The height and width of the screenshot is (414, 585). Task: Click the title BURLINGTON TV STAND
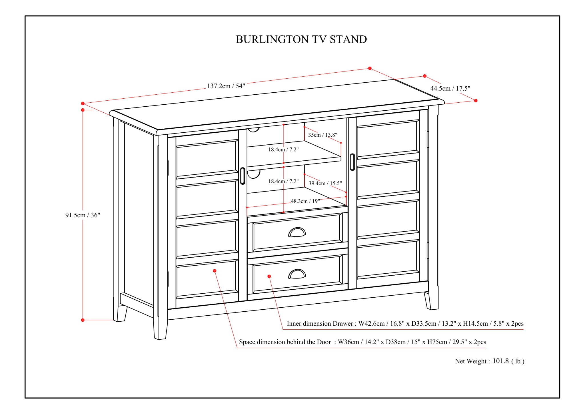[301, 39]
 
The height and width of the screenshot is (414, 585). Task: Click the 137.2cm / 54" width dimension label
[226, 86]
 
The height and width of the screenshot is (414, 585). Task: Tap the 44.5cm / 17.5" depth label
[450, 88]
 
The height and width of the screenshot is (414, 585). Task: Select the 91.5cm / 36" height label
[83, 215]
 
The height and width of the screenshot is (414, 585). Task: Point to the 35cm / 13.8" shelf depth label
[322, 135]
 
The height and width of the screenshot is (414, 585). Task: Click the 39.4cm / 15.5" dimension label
[325, 183]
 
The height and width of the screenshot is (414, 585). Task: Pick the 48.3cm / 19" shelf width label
[305, 201]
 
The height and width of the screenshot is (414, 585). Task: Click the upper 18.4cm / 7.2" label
[283, 149]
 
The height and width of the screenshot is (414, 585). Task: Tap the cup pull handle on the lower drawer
[297, 274]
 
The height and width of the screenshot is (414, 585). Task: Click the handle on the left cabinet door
[243, 176]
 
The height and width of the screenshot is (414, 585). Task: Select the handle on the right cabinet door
[352, 162]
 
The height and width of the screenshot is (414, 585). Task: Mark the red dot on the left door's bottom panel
[215, 271]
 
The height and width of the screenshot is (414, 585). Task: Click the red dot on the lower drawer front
[269, 276]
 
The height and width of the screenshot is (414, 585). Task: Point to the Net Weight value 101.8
[501, 361]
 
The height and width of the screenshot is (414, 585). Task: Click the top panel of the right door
[388, 138]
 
